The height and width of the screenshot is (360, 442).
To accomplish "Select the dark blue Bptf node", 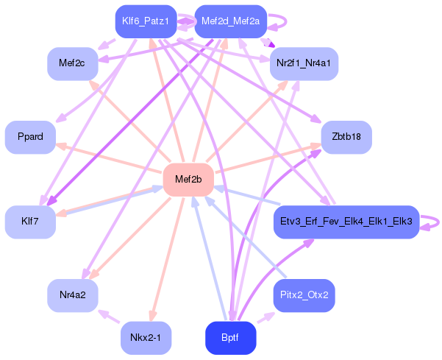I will (x=230, y=338).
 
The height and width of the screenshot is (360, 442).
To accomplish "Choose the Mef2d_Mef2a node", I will (x=230, y=21).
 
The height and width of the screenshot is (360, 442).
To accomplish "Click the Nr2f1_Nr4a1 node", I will (x=304, y=64).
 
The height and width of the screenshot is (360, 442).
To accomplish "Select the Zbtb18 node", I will (x=346, y=137).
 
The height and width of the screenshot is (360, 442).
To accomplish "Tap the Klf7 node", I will (x=30, y=222).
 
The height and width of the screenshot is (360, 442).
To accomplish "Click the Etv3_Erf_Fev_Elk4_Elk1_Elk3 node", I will (x=346, y=222).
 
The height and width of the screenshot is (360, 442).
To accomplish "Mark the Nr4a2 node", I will (x=73, y=295).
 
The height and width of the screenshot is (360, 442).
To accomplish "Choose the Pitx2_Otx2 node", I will (x=304, y=295).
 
